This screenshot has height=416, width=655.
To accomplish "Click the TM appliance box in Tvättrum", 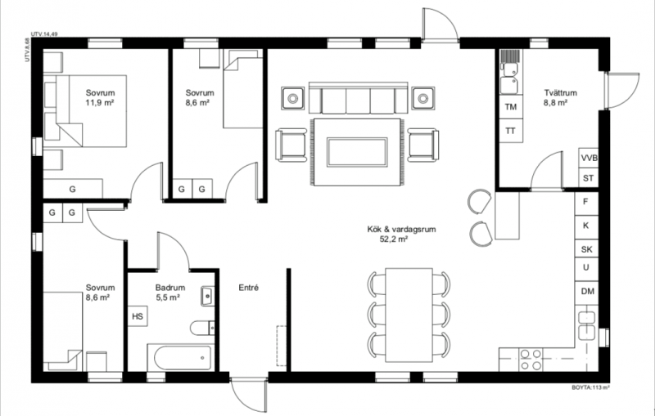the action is coord(511,107).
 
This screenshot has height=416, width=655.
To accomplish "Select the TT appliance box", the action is coord(511,131).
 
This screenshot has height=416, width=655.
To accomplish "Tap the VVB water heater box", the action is coord(589,158).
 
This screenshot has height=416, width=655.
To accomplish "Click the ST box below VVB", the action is coord(589,178).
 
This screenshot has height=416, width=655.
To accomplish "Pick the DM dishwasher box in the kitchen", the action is coord(587,292).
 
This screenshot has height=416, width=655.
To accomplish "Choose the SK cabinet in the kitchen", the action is coord(587,248).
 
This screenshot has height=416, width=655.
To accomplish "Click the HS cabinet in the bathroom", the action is coord(138,316).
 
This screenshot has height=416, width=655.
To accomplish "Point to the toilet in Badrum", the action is coord(202,328).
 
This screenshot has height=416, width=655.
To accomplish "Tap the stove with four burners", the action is coord(530,360).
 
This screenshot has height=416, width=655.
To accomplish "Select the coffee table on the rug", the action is coord(357,152).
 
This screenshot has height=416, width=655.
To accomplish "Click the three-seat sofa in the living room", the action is coord(358,98).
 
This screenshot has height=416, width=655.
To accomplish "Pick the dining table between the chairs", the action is coord(409,315).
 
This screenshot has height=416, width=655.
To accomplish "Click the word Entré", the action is coord(249,288).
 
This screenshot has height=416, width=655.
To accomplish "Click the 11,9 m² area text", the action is coord(100,102).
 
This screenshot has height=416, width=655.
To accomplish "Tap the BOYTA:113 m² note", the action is coord(590,387).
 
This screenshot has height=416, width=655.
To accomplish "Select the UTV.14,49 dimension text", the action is coord(44,34).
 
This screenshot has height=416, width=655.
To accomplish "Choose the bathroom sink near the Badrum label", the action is coord(208,297).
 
